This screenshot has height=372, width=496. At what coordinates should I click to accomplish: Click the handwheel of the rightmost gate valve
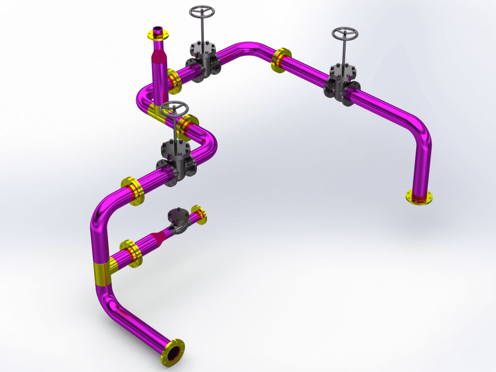pyautogui.click(x=345, y=34)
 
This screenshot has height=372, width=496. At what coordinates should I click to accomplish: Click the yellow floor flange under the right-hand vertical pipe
pyautogui.click(x=419, y=197)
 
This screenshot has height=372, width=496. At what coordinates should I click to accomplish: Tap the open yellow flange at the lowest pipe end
pyautogui.click(x=173, y=351)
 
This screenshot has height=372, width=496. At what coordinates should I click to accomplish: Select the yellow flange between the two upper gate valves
pyautogui.click(x=281, y=60)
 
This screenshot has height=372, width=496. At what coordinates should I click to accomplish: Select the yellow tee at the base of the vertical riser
pyautogui.click(x=158, y=111)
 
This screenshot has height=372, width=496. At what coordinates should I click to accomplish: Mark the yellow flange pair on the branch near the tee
pyautogui.click(x=131, y=253)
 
